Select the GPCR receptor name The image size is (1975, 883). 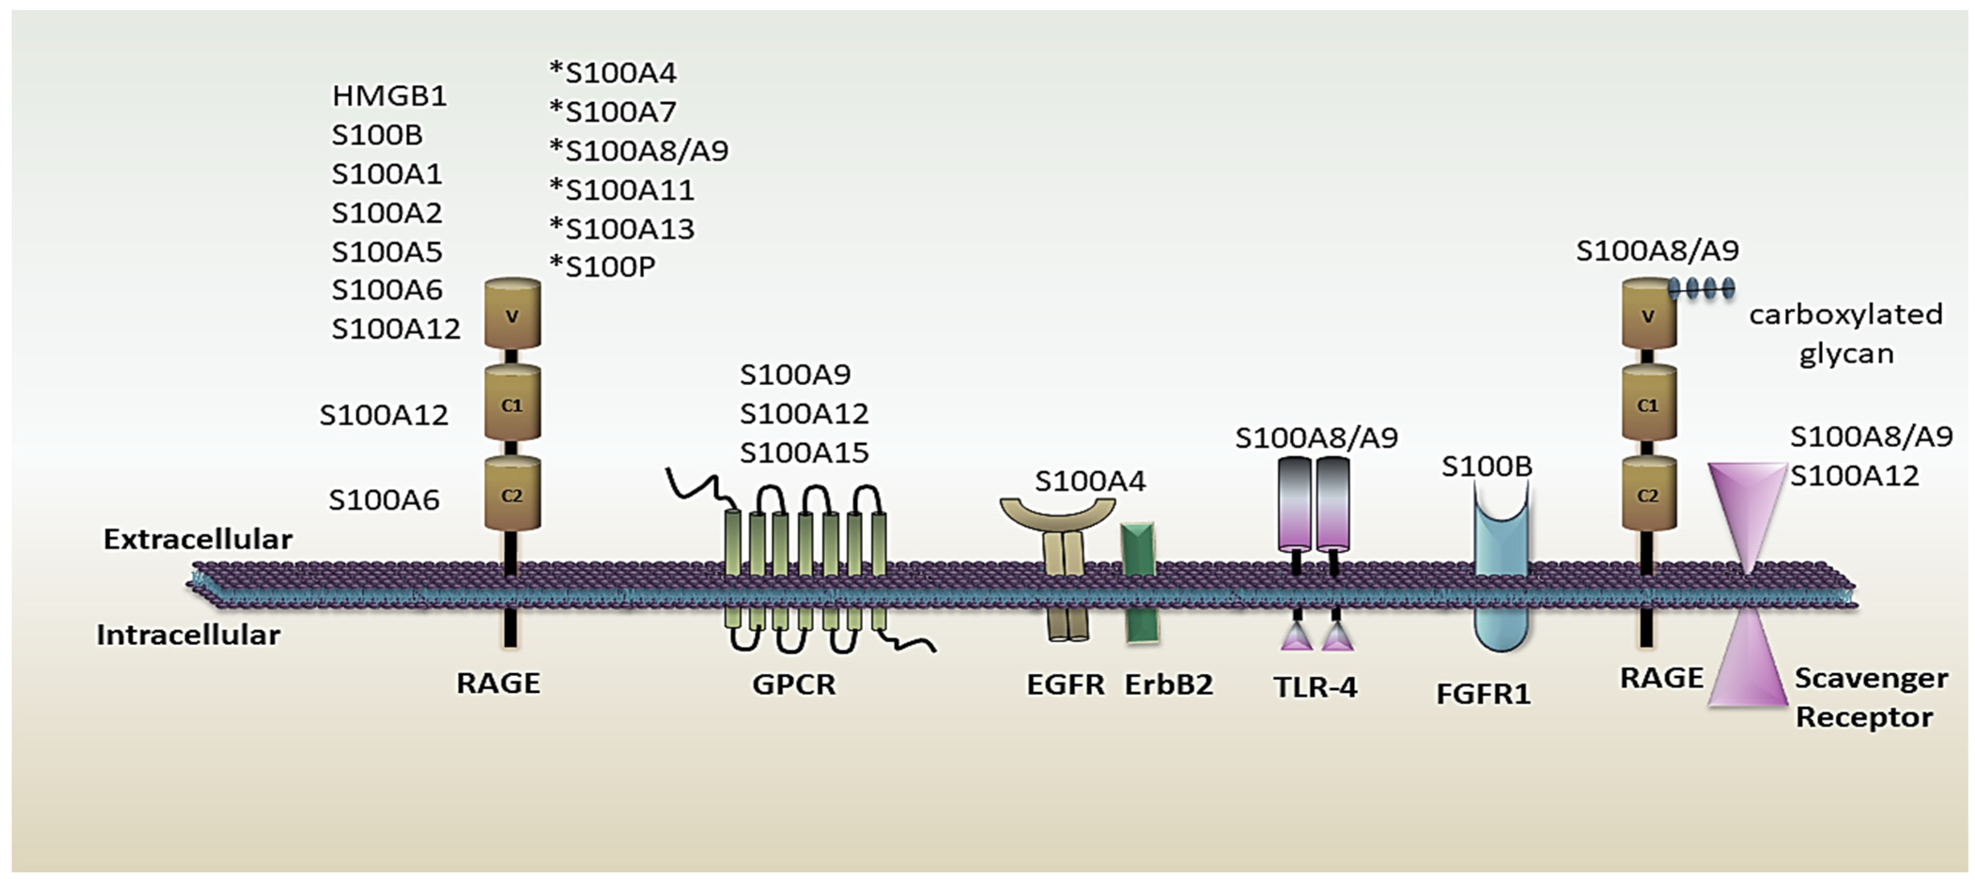(x=794, y=683)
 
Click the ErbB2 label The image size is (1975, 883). (x=1168, y=684)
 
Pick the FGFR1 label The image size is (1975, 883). (x=1483, y=694)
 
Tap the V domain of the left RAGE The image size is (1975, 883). (x=512, y=314)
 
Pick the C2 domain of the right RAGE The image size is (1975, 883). (x=1648, y=494)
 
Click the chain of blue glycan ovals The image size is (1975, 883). (x=1702, y=288)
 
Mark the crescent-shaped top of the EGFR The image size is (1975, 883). (x=1057, y=514)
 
